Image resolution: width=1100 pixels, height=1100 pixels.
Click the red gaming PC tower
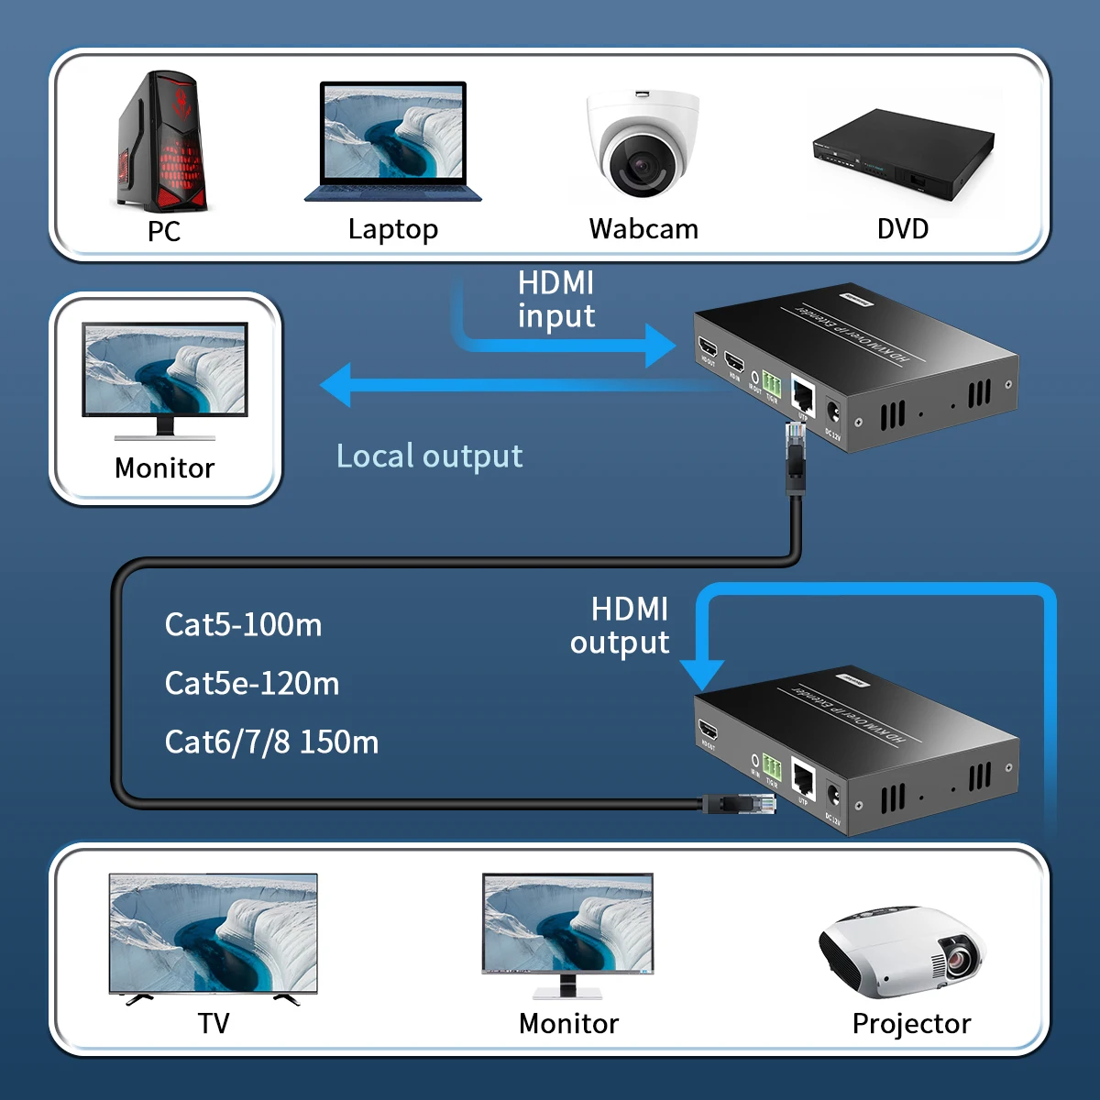pos(163,142)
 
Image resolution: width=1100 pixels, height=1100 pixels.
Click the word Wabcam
pos(643,229)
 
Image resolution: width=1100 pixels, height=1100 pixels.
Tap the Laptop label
pos(393,229)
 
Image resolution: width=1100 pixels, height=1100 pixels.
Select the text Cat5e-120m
pos(252,684)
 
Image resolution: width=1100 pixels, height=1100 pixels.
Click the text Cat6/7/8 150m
pos(271,742)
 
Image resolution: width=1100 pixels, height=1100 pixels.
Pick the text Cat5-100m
pos(243,625)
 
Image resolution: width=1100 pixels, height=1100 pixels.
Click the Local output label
pos(429,456)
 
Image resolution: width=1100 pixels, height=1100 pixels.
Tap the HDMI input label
pos(556,299)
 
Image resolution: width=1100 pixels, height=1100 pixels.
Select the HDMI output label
pos(621,626)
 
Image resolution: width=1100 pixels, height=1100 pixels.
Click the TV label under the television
pos(214,1023)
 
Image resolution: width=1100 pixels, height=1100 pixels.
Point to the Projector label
pos(911,1023)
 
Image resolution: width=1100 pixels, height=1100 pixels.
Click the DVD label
pos(903,229)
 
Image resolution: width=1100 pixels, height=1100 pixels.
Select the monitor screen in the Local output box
pos(165,368)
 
